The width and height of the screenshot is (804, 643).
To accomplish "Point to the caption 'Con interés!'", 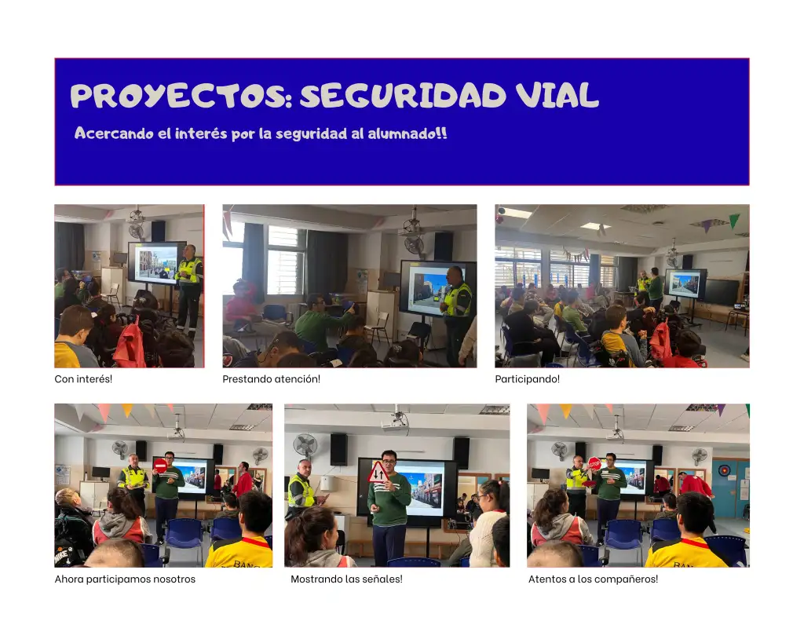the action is point(83,379).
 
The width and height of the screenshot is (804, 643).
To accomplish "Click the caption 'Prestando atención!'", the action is point(271,379).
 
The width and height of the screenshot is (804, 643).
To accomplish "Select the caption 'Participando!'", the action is point(527,379).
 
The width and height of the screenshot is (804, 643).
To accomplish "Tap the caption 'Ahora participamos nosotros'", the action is point(125,579).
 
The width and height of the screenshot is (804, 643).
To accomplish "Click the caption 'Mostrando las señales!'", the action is point(346,579).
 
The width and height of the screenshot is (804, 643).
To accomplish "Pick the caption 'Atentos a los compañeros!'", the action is point(594,579).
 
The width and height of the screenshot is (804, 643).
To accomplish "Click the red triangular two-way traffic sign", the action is point(378,473).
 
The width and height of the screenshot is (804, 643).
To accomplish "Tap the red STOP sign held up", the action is point(594,464).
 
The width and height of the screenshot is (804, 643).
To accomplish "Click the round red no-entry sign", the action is point(160,466).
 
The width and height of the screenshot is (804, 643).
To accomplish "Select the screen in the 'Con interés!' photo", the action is point(156,262).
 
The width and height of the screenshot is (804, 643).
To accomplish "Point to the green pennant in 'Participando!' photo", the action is point(734,221).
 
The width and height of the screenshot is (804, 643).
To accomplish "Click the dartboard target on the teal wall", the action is point(723,470).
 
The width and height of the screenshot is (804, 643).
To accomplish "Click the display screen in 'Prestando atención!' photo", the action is point(433,288).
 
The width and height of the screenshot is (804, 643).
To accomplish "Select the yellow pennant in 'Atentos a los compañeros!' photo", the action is point(565,410).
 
